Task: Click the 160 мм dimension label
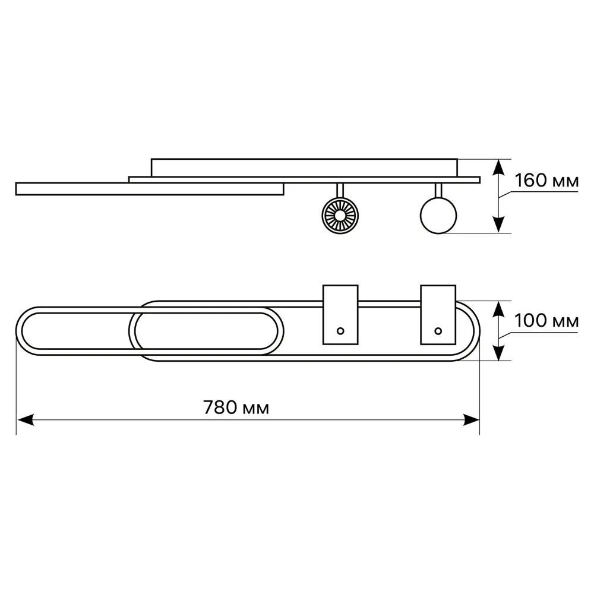tap(546, 181)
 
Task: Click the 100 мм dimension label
tap(546, 321)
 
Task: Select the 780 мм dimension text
tap(236, 407)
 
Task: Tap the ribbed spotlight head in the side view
tap(340, 216)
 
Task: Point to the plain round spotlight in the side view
tap(438, 216)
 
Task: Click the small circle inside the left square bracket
tap(340, 331)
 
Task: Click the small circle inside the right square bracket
tap(438, 331)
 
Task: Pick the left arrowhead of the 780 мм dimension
tap(26, 420)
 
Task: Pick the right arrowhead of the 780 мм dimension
tap(471, 420)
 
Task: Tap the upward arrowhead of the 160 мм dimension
tap(499, 168)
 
